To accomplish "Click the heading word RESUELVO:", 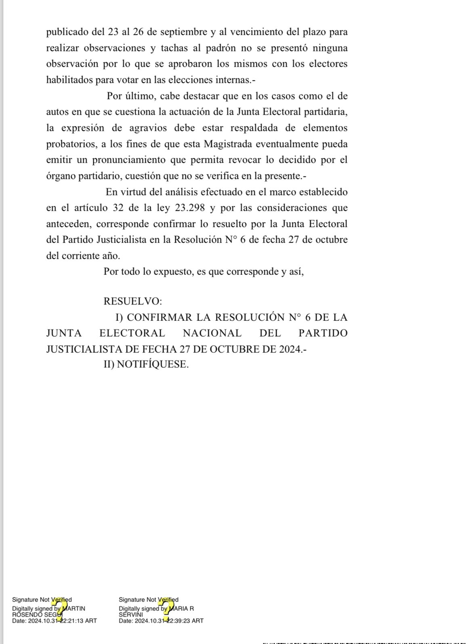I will click(x=133, y=301).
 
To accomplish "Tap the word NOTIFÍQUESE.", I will click(x=152, y=364).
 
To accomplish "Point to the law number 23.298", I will click(x=190, y=208).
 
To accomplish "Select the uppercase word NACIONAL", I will click(x=212, y=333).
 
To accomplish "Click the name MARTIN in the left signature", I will click(x=74, y=609).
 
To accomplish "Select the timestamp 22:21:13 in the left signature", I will click(x=72, y=621).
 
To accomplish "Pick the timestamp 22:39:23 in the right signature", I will click(x=179, y=621).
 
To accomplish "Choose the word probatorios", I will click(x=71, y=144).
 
